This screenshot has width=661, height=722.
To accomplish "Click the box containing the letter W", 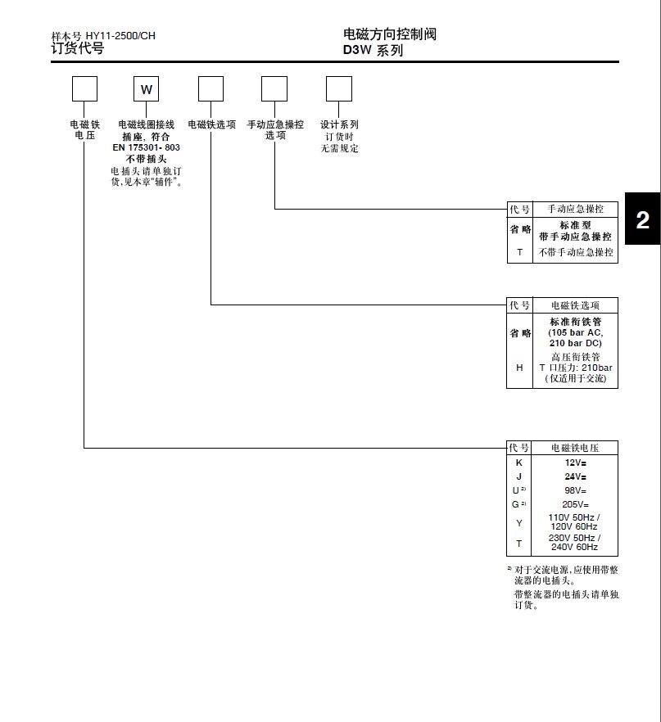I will (x=147, y=88).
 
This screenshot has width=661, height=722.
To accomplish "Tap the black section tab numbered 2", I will (x=643, y=219).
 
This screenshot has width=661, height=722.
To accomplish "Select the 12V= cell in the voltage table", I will (x=575, y=463).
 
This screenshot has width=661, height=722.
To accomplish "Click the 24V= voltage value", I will (x=575, y=476).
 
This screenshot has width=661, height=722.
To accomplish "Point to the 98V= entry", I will (x=575, y=490).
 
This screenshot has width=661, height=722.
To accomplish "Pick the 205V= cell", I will (x=575, y=504).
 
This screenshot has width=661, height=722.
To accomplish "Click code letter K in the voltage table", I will (x=518, y=463).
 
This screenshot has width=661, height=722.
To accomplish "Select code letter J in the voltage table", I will (x=518, y=476).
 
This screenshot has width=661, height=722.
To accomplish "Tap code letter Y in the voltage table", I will (x=518, y=522).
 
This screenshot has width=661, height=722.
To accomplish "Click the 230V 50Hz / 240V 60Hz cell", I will (x=575, y=542).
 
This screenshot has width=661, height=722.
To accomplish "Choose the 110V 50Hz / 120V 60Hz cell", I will (x=575, y=522).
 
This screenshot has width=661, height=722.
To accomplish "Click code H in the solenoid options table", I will (x=519, y=368).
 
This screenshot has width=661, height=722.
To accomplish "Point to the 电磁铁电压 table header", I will (x=575, y=448).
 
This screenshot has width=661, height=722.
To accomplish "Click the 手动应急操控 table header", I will (x=575, y=210).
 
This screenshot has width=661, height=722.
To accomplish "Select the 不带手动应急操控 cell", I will (x=575, y=253).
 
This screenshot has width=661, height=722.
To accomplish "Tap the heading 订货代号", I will (x=78, y=48).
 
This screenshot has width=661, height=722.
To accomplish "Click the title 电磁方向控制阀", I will (x=390, y=34).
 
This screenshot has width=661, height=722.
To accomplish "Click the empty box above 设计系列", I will (x=338, y=88).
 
